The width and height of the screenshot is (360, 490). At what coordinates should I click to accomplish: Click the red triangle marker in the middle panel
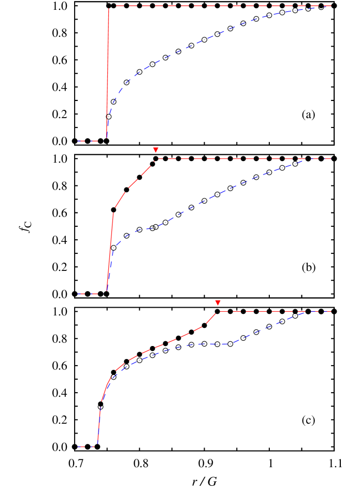tap(155, 150)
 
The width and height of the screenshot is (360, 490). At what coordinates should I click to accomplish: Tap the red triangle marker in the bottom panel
tap(218, 302)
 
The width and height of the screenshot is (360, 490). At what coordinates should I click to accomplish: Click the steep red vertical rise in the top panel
tap(108, 73)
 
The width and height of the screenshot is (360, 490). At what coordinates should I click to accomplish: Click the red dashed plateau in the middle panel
tap(243, 158)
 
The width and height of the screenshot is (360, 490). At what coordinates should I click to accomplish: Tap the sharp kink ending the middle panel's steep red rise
tap(114, 208)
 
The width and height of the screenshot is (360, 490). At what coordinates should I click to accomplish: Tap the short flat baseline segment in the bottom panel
tap(87, 446)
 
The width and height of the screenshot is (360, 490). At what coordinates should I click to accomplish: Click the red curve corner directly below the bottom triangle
tap(218, 311)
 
